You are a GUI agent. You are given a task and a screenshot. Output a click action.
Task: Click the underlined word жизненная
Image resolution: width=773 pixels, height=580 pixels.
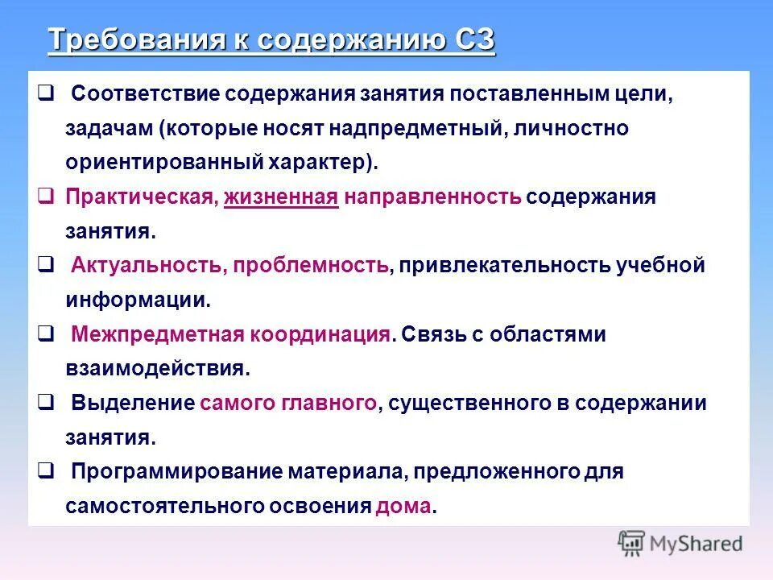coord(281,197)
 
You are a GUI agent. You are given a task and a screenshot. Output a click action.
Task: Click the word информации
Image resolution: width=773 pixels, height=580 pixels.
coord(138,300)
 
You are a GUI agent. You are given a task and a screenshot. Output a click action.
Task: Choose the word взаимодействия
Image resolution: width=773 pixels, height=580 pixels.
coord(157,369)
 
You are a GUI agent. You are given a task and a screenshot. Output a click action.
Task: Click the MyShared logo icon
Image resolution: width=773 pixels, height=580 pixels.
coord(632,544)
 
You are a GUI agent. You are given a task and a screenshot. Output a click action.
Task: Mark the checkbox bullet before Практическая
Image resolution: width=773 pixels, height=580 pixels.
coord(46,197)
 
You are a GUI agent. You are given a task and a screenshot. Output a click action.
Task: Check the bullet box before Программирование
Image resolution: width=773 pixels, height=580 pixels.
coord(46,470)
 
